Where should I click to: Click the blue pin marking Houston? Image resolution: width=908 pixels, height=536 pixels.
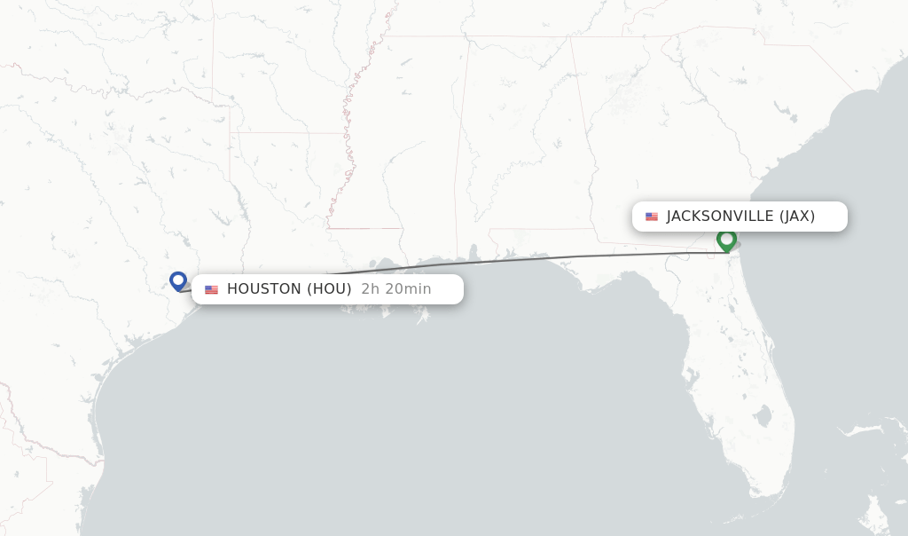(x=178, y=280)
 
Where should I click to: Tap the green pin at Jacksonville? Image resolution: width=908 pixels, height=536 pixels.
(x=726, y=240)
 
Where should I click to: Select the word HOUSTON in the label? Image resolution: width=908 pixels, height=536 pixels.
(x=264, y=289)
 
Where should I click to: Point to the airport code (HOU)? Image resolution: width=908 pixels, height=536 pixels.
(x=329, y=289)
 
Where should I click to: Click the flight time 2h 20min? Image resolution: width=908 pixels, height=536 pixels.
(x=395, y=289)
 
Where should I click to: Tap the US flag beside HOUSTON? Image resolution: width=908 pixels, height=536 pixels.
(x=211, y=289)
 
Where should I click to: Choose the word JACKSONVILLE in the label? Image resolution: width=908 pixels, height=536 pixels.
(x=720, y=217)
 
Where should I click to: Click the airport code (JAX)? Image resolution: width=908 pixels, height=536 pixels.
(x=797, y=217)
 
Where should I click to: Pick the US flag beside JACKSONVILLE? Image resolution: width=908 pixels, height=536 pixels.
(x=652, y=217)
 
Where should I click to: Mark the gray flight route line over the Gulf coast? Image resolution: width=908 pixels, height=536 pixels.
(x=532, y=259)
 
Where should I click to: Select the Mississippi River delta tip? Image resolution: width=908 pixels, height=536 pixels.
(x=423, y=318)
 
